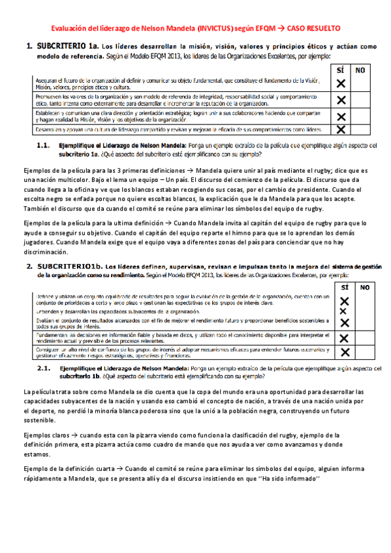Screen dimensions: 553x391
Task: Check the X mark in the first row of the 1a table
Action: pos(340,83)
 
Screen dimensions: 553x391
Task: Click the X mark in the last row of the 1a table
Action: pos(340,130)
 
